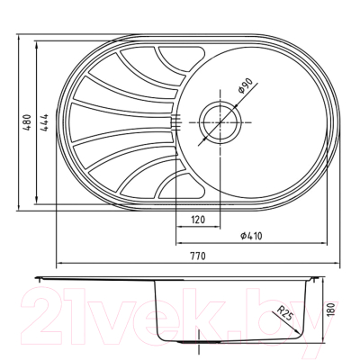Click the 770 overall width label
click(198, 256)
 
